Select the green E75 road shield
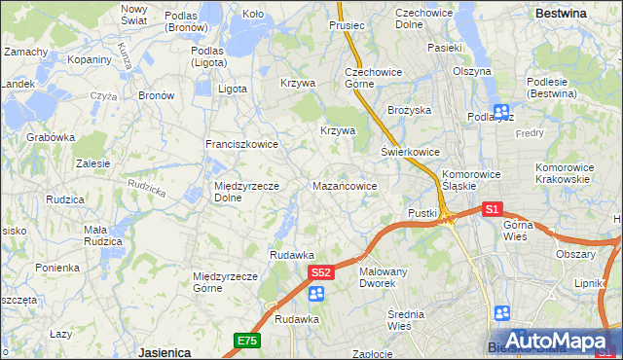click(x=246, y=340)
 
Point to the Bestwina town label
click(x=561, y=14)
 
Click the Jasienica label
click(x=164, y=352)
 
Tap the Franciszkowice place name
click(x=241, y=144)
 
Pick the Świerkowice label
click(x=410, y=153)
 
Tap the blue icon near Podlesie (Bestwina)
click(x=501, y=113)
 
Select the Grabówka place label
click(x=51, y=138)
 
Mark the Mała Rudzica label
click(x=102, y=234)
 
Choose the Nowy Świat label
click(x=133, y=14)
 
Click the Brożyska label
click(x=409, y=111)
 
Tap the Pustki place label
click(x=422, y=213)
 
